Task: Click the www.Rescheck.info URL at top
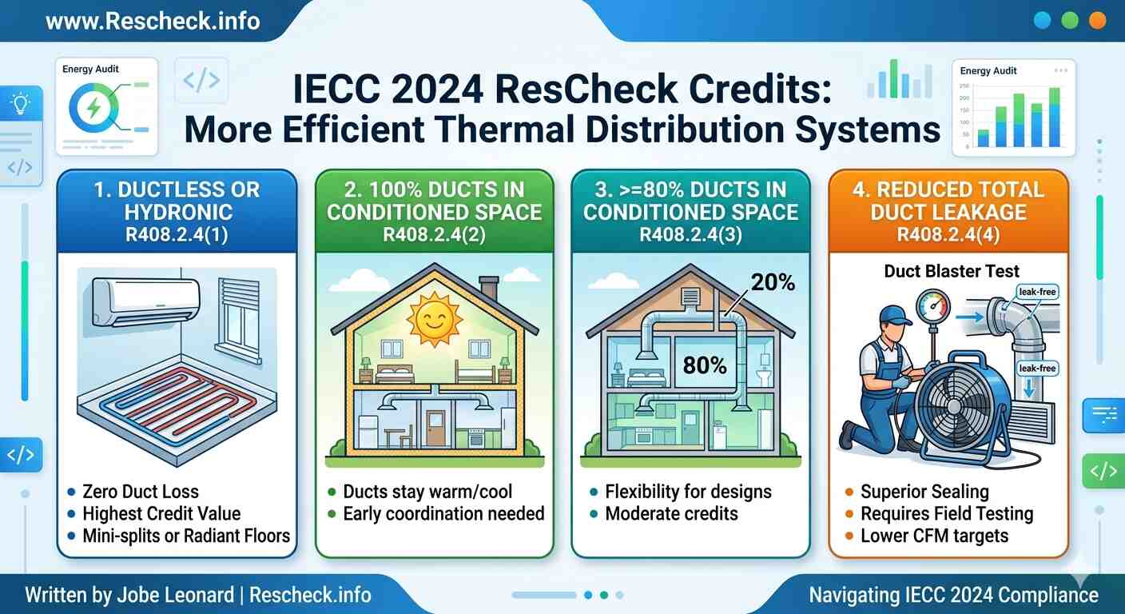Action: (x=153, y=21)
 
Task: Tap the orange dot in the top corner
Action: (x=1097, y=21)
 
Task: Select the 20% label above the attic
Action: (x=773, y=282)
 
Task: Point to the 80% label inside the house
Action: (x=705, y=365)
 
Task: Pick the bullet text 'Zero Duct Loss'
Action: (x=140, y=492)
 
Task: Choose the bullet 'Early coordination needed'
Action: (x=443, y=513)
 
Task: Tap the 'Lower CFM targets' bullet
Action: (x=934, y=535)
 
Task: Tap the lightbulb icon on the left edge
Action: (x=20, y=104)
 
